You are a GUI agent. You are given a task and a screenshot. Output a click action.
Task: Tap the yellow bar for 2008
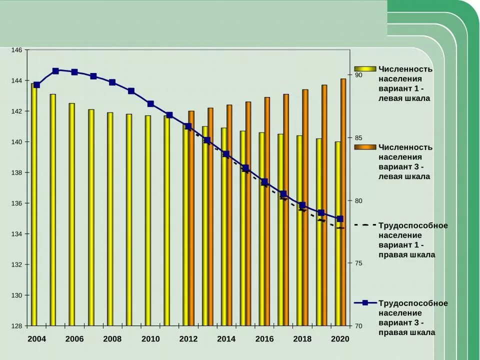coord(110,220)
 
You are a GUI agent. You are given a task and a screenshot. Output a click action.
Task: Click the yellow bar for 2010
coord(148,222)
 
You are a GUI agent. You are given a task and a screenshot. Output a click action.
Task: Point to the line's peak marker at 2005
coord(55,71)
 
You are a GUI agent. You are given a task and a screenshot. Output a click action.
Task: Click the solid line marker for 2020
coord(340,219)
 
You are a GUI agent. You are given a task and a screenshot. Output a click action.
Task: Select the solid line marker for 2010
coord(150,104)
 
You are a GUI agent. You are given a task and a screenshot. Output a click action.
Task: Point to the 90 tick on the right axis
coord(358,75)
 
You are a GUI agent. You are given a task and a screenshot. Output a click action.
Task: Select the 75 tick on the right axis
coord(358,263)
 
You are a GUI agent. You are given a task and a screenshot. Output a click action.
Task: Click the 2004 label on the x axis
coord(36,339)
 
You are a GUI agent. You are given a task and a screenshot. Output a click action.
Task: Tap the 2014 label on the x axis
coord(226,339)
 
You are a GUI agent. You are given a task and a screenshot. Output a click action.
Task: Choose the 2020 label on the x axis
coord(340,339)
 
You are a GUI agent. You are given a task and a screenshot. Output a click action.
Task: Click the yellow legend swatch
coord(365,69)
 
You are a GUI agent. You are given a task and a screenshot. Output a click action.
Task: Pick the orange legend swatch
coord(365,147)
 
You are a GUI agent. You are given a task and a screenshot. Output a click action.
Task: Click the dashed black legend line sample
coord(365,225)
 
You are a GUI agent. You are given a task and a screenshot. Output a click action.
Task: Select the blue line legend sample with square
coord(365,303)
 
